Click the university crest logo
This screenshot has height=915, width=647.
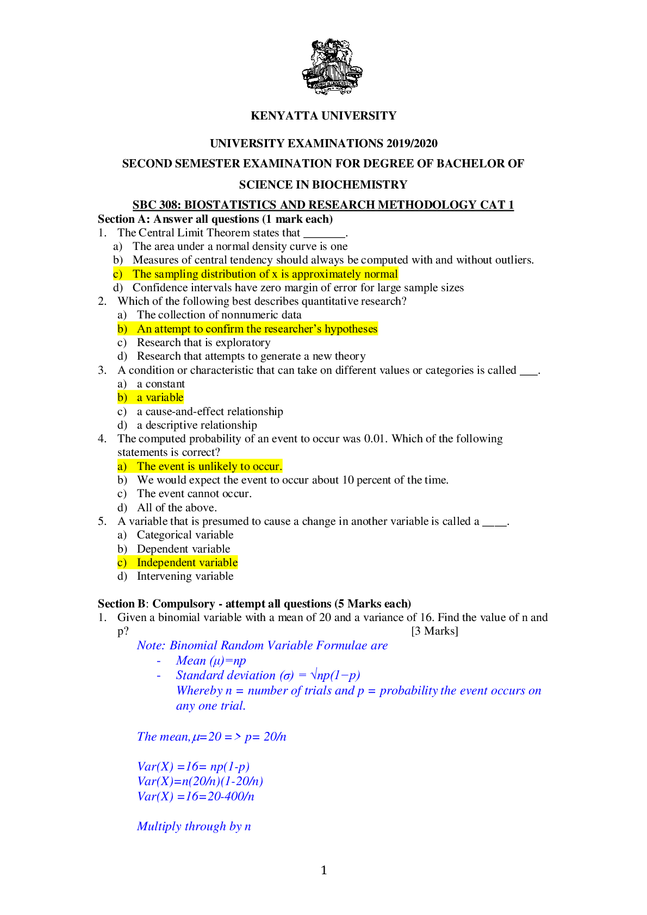point(332,67)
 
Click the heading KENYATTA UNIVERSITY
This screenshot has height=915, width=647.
point(323,116)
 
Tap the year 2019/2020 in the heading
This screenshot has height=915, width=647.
point(412,143)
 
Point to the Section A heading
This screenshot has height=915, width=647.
point(215,219)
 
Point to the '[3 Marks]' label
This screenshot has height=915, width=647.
point(434,631)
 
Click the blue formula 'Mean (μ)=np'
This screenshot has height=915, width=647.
point(210,661)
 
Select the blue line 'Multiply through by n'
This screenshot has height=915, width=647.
point(194,826)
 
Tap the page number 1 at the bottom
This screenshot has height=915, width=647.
point(324,870)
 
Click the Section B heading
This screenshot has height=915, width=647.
point(254,604)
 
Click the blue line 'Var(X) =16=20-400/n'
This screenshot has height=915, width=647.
point(196,797)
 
